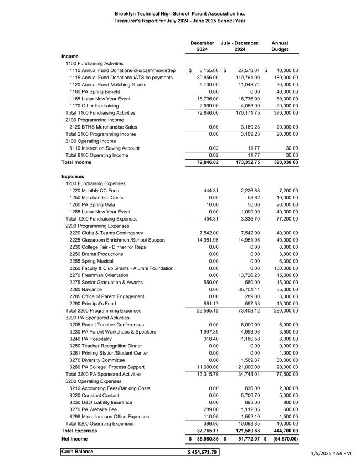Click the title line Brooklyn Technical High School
(180, 13)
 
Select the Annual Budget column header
(280, 46)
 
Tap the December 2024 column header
(202, 46)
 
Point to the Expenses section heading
(73, 176)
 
